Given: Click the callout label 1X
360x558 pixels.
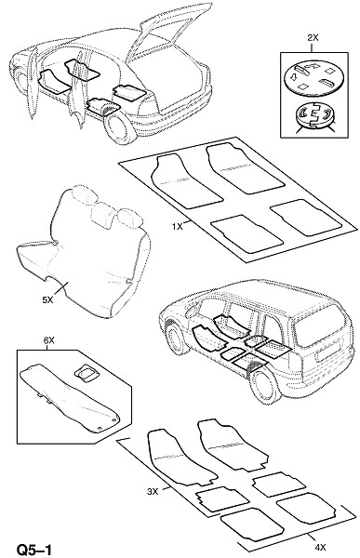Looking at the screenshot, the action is (x=177, y=226).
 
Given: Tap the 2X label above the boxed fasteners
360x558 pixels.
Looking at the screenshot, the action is (x=312, y=38).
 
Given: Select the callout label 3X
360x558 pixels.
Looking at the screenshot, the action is (x=153, y=492).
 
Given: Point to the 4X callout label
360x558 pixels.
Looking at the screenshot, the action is (x=320, y=548).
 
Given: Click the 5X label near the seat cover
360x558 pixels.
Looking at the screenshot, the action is (x=47, y=300).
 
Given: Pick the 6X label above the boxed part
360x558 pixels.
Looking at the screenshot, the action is (x=48, y=340).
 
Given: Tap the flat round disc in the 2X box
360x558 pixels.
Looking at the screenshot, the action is (x=314, y=79).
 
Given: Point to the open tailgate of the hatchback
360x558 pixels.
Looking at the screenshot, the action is (x=167, y=32).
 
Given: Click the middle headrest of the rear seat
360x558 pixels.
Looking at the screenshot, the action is (x=101, y=214).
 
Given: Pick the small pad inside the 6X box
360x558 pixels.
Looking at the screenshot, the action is (x=86, y=373).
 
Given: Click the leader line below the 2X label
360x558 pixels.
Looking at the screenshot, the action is (x=313, y=47).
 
